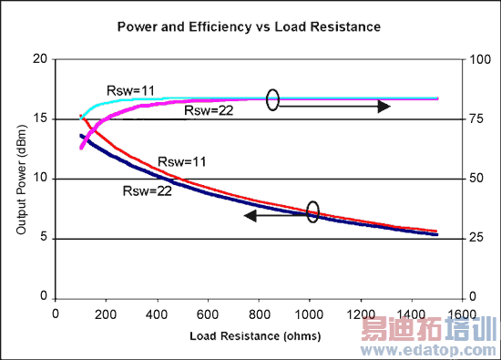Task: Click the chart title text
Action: click(x=248, y=27)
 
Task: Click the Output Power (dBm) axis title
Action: click(x=20, y=179)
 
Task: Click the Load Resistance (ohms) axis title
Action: click(x=261, y=336)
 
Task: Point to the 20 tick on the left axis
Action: click(x=38, y=59)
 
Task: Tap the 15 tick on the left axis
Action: click(x=38, y=119)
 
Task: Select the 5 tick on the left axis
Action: click(x=42, y=239)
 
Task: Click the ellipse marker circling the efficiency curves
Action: click(x=272, y=99)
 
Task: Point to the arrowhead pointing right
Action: click(x=384, y=107)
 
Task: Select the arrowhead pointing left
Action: click(x=250, y=217)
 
